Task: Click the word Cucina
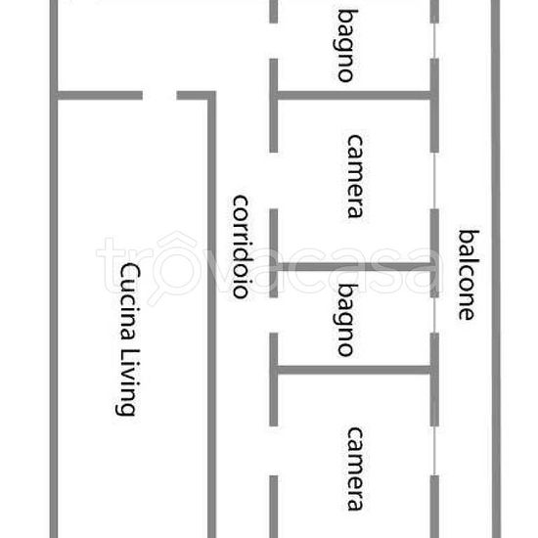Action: (129, 302)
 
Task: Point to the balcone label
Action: (468, 275)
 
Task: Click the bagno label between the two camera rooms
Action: (346, 320)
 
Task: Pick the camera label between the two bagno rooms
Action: (355, 176)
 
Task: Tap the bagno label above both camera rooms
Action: (346, 46)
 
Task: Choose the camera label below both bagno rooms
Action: (355, 469)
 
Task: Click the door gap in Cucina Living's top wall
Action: (159, 96)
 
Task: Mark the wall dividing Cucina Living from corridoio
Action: (211, 315)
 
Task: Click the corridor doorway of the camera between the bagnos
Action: (274, 181)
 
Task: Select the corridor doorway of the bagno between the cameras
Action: (274, 315)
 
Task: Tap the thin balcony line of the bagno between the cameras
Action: (434, 315)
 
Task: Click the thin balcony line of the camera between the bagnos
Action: (434, 181)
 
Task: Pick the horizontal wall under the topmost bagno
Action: (354, 96)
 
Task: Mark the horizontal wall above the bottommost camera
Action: (354, 370)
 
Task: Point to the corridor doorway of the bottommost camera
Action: (274, 451)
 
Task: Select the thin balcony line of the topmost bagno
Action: (434, 41)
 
